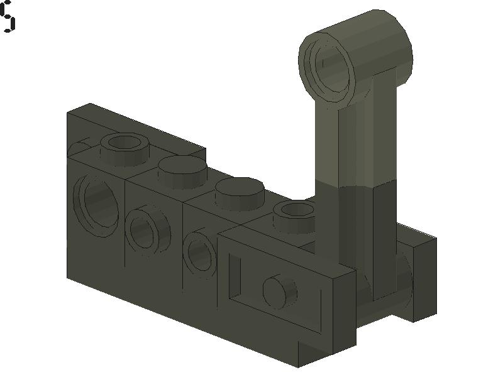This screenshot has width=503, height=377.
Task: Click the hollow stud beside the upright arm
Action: (295, 210)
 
